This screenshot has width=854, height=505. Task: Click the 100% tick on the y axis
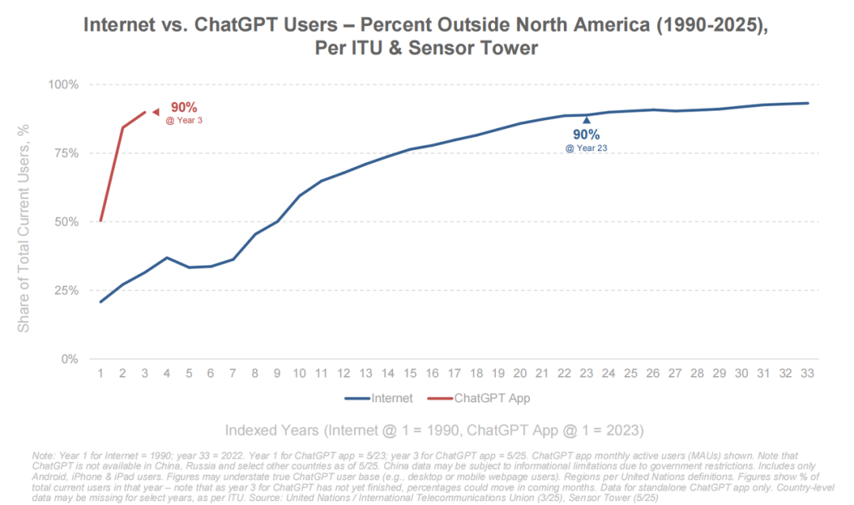pyautogui.click(x=62, y=85)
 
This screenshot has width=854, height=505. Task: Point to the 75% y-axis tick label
pyautogui.click(x=66, y=153)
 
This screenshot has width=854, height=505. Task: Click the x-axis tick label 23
pyautogui.click(x=587, y=374)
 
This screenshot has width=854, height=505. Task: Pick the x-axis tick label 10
pyautogui.click(x=300, y=374)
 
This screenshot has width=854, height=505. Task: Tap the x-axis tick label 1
pyautogui.click(x=100, y=374)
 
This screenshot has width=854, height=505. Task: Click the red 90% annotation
pyautogui.click(x=183, y=107)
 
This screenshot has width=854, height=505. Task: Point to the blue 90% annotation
pyautogui.click(x=587, y=134)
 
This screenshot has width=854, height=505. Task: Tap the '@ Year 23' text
pyautogui.click(x=587, y=148)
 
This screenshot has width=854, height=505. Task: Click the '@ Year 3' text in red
pyautogui.click(x=183, y=121)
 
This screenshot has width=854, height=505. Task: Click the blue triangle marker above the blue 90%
pyautogui.click(x=587, y=120)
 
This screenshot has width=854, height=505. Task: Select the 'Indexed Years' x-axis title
pyautogui.click(x=434, y=431)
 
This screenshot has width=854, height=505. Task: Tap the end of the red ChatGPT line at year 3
pyautogui.click(x=145, y=112)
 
